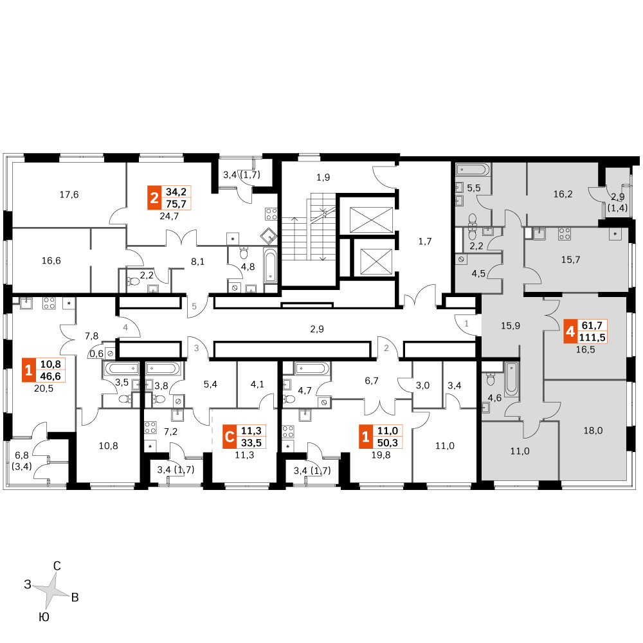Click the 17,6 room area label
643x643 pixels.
pyautogui.click(x=69, y=194)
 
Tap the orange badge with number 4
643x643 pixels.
pyautogui.click(x=570, y=331)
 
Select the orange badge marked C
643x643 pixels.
pyautogui.click(x=230, y=437)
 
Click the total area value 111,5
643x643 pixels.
pyautogui.click(x=592, y=338)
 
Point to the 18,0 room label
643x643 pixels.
pyautogui.click(x=593, y=431)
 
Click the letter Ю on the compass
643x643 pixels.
pyautogui.click(x=44, y=617)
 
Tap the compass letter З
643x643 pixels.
pyautogui.click(x=28, y=584)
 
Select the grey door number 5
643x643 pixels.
pyautogui.click(x=194, y=306)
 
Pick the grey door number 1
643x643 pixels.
pyautogui.click(x=466, y=323)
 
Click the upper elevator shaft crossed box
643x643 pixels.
pyautogui.click(x=371, y=220)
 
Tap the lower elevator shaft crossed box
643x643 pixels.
pyautogui.click(x=376, y=262)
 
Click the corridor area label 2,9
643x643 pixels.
pyautogui.click(x=317, y=329)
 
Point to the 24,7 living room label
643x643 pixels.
pyautogui.click(x=169, y=215)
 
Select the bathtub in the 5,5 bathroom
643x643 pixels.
pyautogui.click(x=473, y=169)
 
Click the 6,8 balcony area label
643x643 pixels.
pyautogui.click(x=22, y=455)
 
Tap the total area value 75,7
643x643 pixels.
pyautogui.click(x=176, y=204)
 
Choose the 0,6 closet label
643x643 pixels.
pyautogui.click(x=96, y=354)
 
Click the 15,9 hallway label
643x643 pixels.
pyautogui.click(x=511, y=325)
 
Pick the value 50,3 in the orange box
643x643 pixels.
pyautogui.click(x=388, y=443)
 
